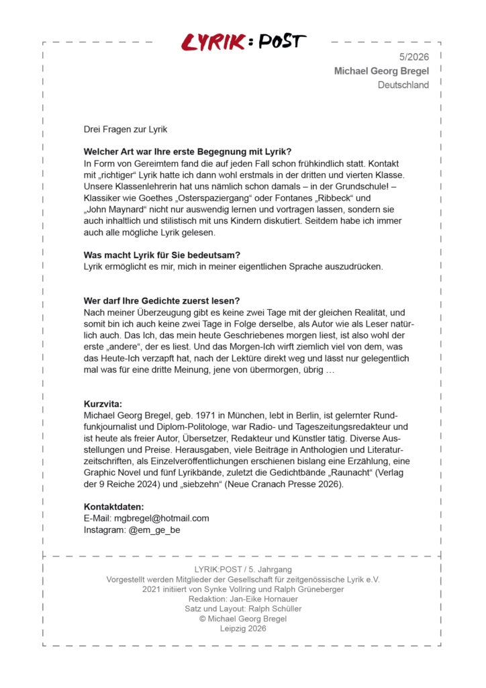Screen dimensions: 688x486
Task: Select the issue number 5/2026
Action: click(414, 57)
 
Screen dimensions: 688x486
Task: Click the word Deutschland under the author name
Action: click(403, 85)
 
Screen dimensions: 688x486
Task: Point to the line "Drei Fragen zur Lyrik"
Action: click(126, 129)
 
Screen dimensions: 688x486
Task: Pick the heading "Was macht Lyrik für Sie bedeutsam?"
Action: click(162, 255)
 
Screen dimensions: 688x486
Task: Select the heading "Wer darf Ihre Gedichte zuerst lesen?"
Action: click(162, 300)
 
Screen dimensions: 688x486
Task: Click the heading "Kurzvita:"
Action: click(103, 404)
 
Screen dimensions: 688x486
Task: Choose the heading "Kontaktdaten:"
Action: click(113, 507)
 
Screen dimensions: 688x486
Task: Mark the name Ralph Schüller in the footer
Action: click(271, 609)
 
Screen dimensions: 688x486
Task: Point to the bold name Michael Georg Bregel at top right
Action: click(381, 71)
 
